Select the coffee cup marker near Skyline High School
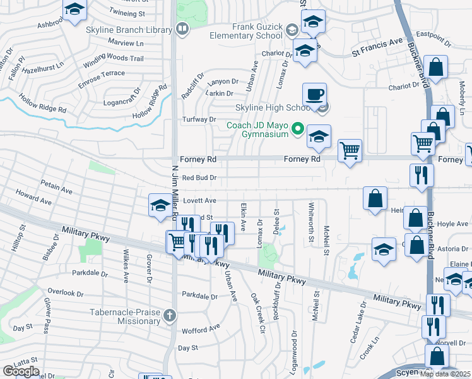(314, 95)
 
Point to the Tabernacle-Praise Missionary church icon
(169, 315)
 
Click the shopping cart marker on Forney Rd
(350, 151)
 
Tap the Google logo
(21, 371)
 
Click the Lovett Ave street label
(199, 200)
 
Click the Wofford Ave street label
(199, 328)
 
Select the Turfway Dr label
(199, 119)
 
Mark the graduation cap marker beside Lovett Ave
(160, 205)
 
